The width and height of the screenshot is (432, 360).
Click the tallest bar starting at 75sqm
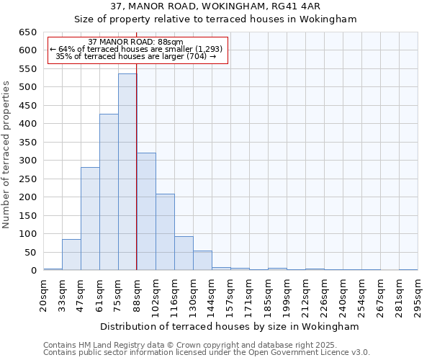point(127,172)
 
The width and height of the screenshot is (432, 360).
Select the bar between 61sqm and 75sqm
point(109,192)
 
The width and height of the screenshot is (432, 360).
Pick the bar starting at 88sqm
point(146,212)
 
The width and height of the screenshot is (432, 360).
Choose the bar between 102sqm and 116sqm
point(165,232)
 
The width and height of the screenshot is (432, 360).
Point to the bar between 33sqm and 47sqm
point(71,255)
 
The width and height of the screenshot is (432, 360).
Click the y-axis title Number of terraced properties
point(6,155)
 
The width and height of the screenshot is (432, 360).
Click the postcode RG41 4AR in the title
point(289,6)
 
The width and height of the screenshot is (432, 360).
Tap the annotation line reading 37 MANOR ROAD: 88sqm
point(136,42)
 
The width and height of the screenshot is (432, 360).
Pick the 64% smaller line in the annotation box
point(136,49)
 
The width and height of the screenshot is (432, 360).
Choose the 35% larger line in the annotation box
point(136,56)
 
